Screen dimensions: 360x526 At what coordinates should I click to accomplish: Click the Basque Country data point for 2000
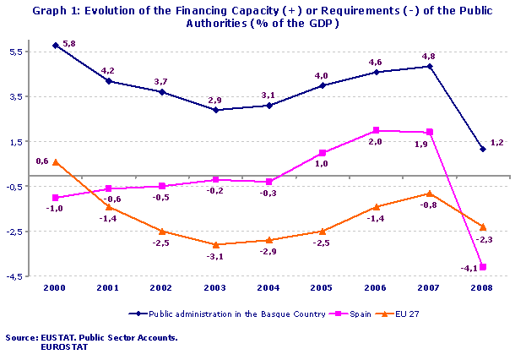click(x=55, y=45)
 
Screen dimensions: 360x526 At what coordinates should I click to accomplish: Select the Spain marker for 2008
click(x=483, y=267)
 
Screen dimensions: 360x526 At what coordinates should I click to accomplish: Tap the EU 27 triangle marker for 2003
click(x=215, y=244)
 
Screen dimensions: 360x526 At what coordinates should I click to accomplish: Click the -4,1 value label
click(x=468, y=268)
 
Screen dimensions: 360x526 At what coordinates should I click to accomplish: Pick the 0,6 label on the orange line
click(x=41, y=161)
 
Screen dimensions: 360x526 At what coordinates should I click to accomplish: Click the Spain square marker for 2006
click(x=376, y=130)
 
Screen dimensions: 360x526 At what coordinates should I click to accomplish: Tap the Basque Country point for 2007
click(x=430, y=66)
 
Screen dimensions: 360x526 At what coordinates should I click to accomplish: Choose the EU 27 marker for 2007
click(x=430, y=194)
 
